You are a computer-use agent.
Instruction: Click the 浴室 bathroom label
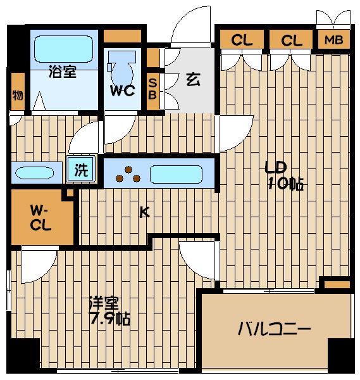[x=63, y=72]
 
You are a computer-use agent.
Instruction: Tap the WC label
[x=122, y=91]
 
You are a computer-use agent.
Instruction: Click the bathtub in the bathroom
[x=63, y=47]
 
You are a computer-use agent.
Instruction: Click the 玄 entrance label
[x=192, y=80]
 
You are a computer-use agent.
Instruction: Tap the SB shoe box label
[x=152, y=87]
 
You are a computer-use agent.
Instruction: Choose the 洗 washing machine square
[x=82, y=170]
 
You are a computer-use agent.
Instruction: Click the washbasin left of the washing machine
[x=37, y=173]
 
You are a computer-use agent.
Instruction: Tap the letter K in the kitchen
[x=144, y=213]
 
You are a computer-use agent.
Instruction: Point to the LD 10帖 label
[x=283, y=176]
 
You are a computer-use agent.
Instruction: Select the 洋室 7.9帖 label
[x=109, y=311]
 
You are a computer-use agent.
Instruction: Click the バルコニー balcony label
[x=274, y=330]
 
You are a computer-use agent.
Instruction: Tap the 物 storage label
[x=17, y=96]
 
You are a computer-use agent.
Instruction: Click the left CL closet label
[x=241, y=41]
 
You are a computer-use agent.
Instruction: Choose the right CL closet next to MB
[x=291, y=41]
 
